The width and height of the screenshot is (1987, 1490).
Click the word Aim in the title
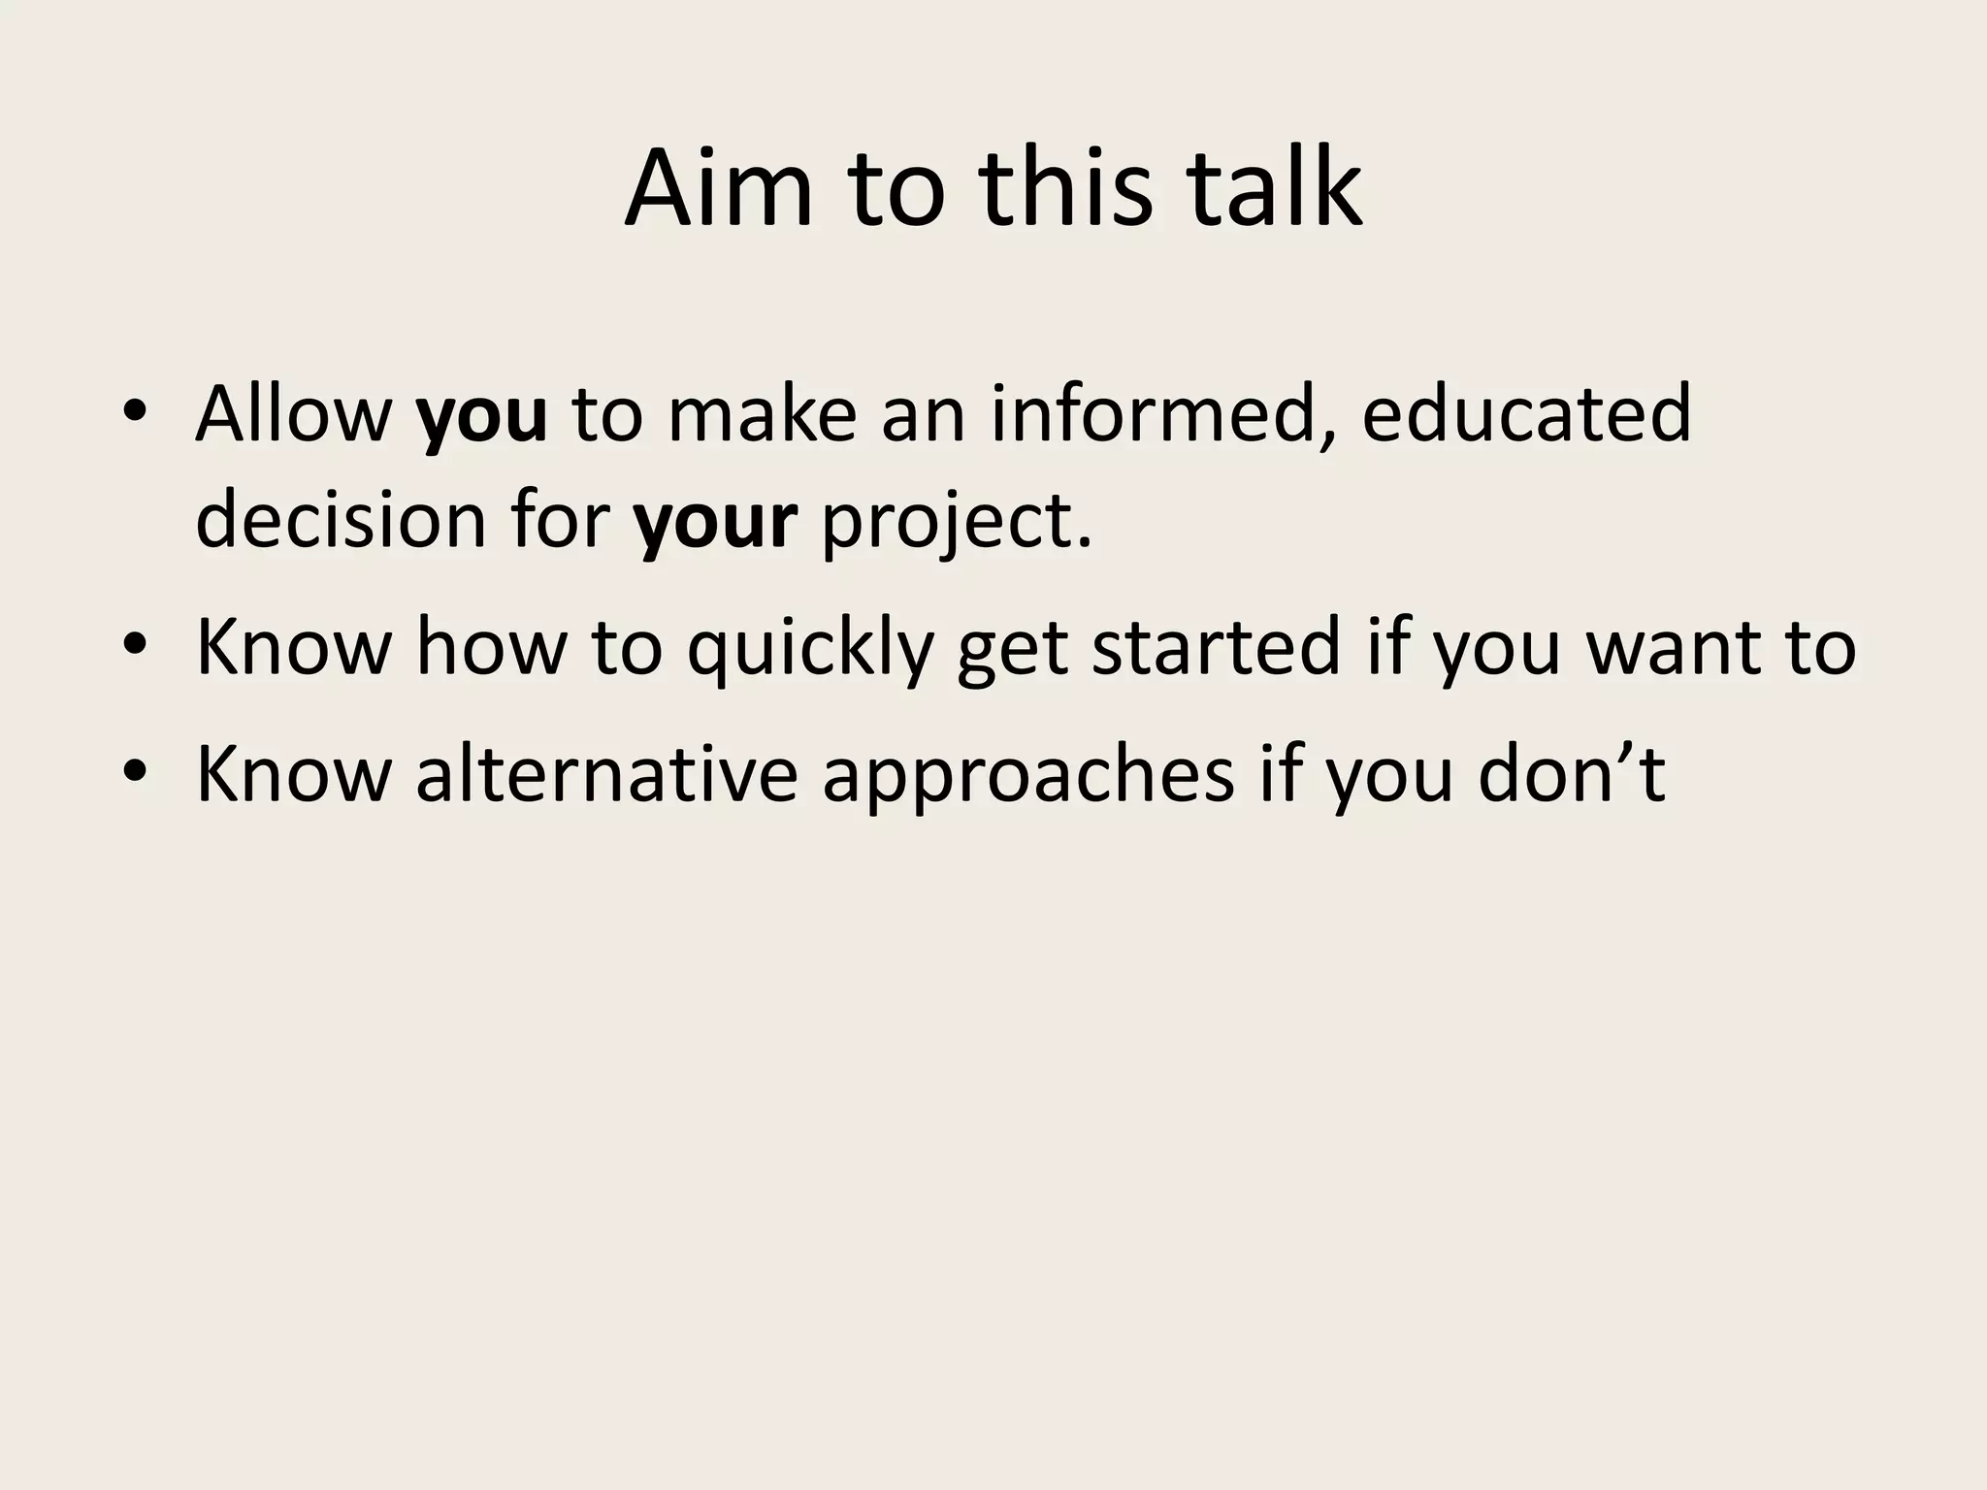(718, 188)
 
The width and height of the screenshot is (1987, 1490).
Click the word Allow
(293, 414)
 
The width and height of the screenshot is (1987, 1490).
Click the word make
(763, 414)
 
